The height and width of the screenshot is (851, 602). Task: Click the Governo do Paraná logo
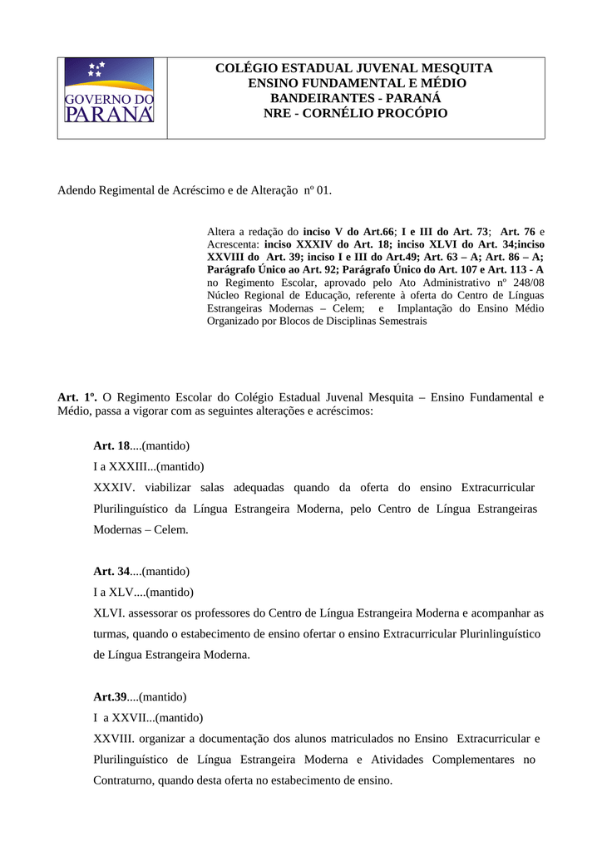pos(109,91)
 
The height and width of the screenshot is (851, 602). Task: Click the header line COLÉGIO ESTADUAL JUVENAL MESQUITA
pos(354,68)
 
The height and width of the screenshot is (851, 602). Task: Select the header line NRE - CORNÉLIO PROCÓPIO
pos(355,113)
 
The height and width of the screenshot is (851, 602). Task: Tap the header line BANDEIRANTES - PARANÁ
pos(355,98)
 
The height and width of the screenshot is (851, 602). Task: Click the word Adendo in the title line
pos(78,190)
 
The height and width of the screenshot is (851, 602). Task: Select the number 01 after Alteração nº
pos(323,190)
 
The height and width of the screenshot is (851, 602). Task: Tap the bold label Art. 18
pos(111,445)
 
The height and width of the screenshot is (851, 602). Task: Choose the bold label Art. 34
pos(111,571)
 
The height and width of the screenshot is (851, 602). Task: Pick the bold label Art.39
pos(110,696)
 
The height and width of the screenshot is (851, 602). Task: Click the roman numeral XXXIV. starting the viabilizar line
pos(115,487)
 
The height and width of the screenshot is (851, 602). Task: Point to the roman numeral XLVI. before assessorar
pos(108,612)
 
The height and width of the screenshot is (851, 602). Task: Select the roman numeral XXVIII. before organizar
pos(114,738)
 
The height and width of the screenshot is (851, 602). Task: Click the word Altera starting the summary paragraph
pos(221,229)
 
